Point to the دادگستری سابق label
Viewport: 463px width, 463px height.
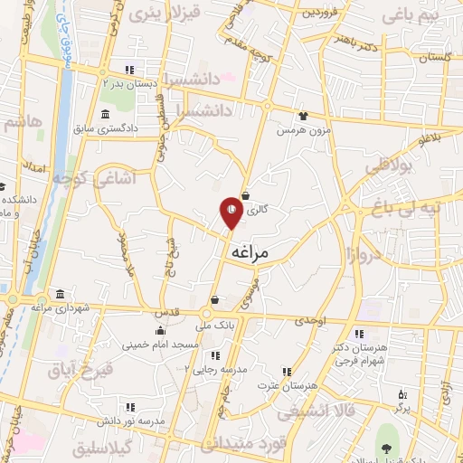[107, 129]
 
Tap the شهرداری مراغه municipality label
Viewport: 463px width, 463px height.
[61, 308]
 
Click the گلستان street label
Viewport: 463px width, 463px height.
[434, 57]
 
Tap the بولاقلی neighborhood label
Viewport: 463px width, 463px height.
[389, 166]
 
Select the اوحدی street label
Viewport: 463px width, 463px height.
[309, 321]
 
